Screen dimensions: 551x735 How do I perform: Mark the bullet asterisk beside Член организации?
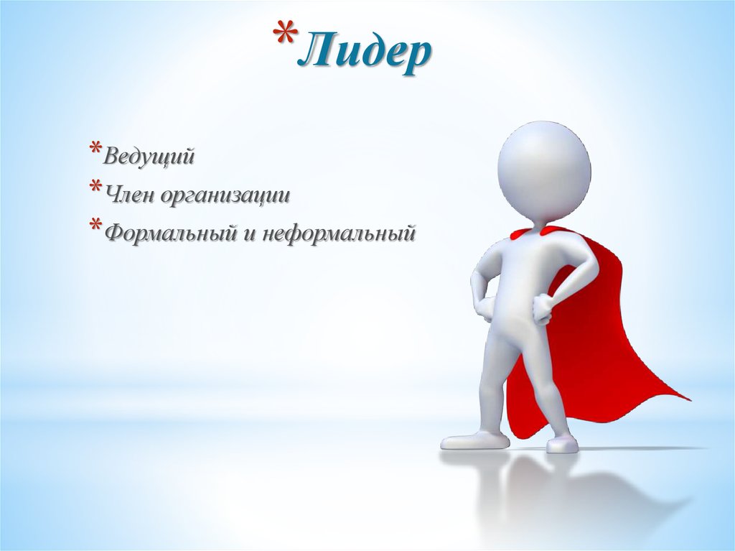95,190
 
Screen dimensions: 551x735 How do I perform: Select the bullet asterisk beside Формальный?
95,228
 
